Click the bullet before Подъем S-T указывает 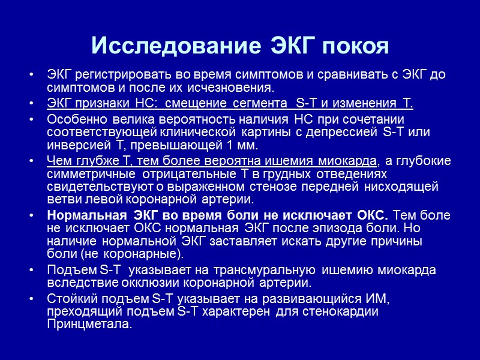coord(31,269)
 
